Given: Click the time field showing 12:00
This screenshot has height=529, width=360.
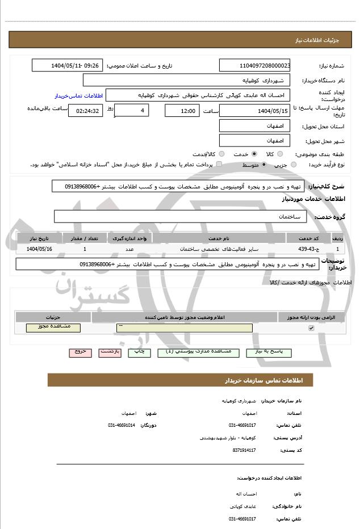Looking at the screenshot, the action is pos(182,111).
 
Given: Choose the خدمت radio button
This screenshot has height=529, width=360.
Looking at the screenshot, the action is pos(253,154).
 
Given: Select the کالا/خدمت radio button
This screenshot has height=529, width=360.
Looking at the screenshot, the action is pos(221,154).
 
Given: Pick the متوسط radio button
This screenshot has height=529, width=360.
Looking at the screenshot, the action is pos(264,165).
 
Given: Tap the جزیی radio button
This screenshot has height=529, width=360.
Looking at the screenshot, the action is pos(294,165).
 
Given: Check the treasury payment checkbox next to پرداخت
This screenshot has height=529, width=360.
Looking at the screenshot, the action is pos(219,165).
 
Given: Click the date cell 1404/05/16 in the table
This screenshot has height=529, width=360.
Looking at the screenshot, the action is pos(39,249).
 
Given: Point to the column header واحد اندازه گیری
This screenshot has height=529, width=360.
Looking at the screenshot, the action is pos(129,238).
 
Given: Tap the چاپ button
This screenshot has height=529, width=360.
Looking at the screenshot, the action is pos(139,352).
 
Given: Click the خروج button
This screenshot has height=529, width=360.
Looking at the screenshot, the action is pos(80,352).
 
